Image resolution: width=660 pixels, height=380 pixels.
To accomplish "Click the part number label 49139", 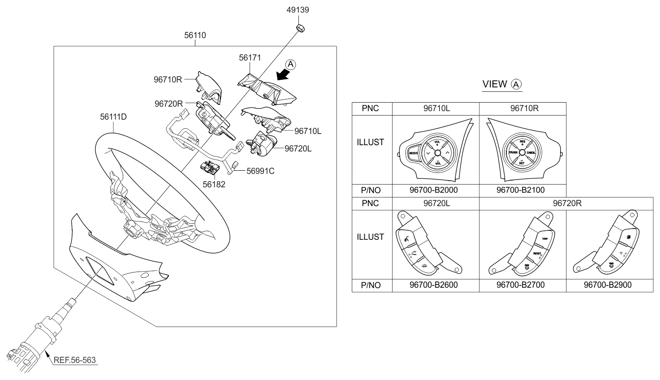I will tap(298, 10).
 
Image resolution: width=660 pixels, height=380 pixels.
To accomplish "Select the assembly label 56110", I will tap(195, 35).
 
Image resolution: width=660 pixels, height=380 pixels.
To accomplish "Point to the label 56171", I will tap(250, 58).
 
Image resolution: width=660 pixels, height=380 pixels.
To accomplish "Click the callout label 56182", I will tap(214, 184).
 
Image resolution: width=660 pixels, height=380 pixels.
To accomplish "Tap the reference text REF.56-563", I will tap(75, 360).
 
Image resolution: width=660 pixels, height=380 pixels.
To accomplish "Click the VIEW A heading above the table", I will tap(502, 84).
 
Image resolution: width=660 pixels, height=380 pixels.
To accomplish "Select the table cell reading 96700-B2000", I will tap(434, 190).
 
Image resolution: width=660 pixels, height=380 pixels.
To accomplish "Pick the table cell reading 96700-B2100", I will tap(521, 190).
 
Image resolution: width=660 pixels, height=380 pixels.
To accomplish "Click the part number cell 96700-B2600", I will tap(434, 285).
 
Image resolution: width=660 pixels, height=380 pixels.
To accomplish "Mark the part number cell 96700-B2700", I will tap(521, 285).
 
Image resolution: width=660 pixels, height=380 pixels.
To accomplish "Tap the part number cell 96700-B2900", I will tap(608, 285).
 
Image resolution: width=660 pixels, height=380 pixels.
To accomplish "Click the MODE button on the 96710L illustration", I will tap(414, 153).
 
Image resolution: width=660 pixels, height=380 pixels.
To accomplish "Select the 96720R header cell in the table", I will tap(567, 203).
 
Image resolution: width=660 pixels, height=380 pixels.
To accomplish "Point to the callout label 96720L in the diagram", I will tap(298, 148).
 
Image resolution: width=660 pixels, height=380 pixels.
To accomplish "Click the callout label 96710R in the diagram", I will tap(168, 80).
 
